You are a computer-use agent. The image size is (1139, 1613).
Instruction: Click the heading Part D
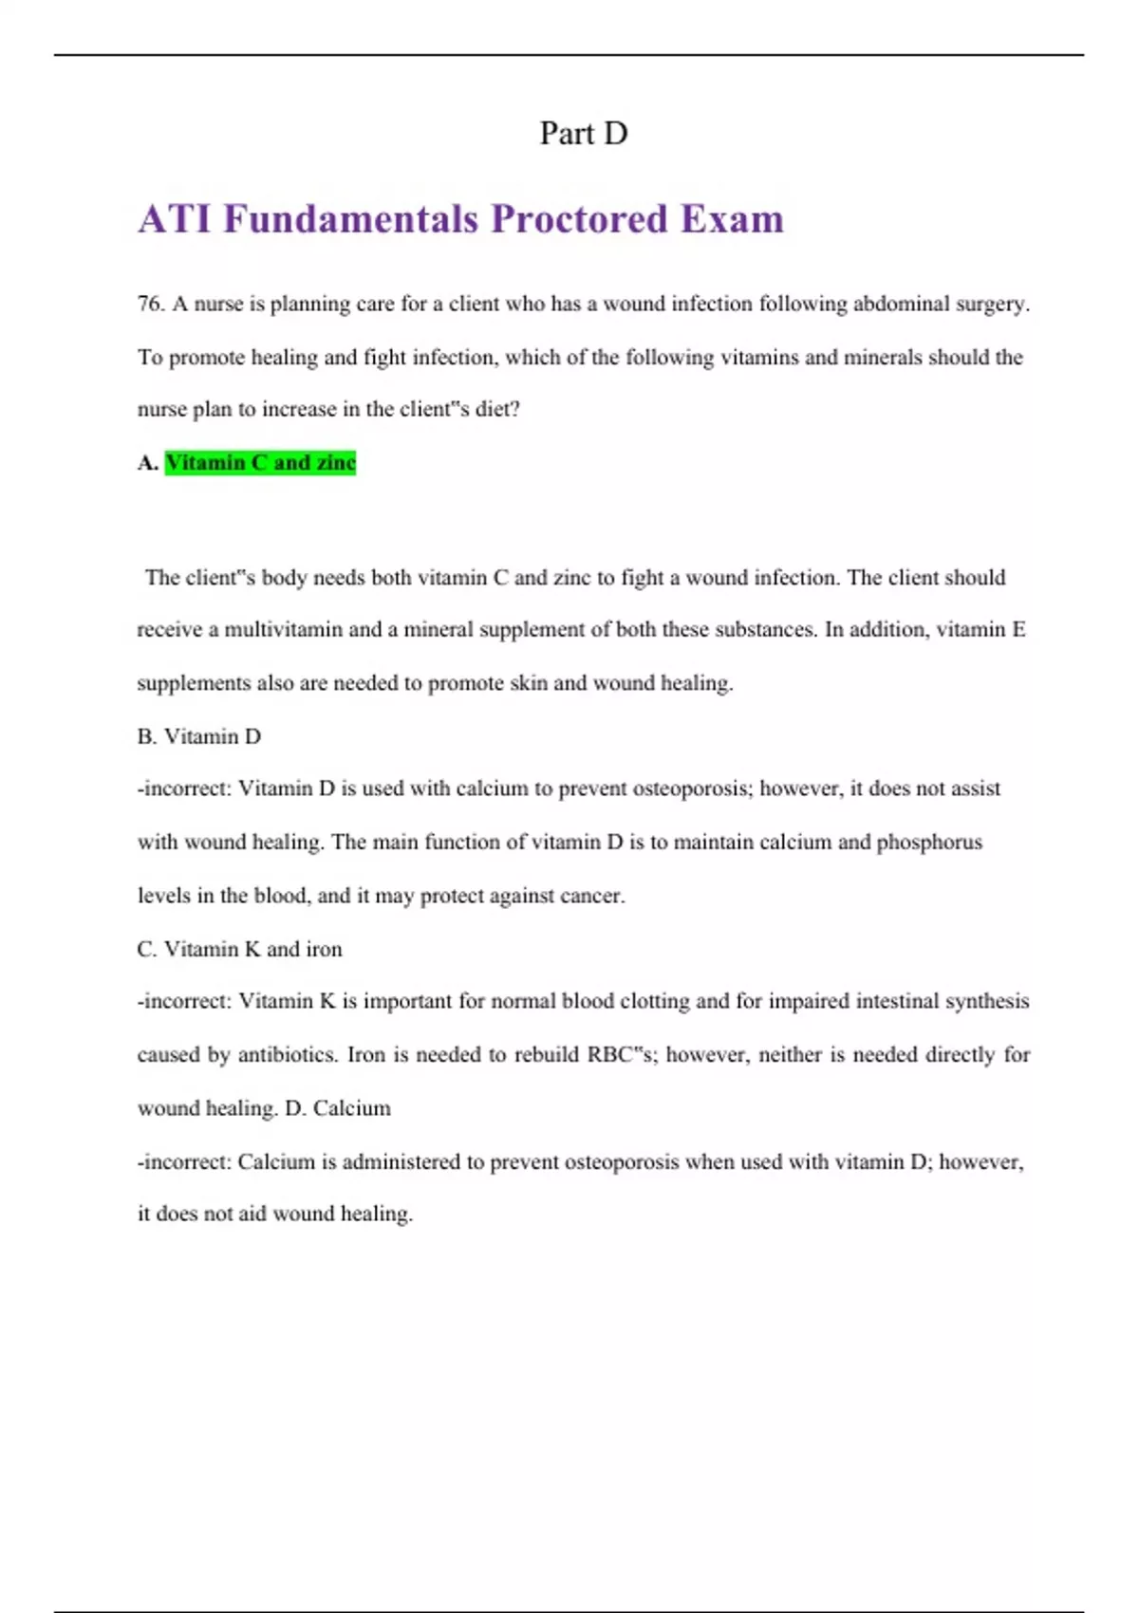(x=583, y=134)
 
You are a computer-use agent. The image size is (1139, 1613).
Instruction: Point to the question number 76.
(x=151, y=304)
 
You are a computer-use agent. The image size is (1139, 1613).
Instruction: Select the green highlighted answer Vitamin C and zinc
(x=260, y=463)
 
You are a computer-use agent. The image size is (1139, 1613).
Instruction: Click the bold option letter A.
(x=147, y=463)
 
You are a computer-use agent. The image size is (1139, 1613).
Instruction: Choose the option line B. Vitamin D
(x=199, y=736)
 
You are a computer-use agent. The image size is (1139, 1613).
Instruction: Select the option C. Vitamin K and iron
(x=239, y=949)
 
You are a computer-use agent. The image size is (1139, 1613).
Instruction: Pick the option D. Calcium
(x=338, y=1108)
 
